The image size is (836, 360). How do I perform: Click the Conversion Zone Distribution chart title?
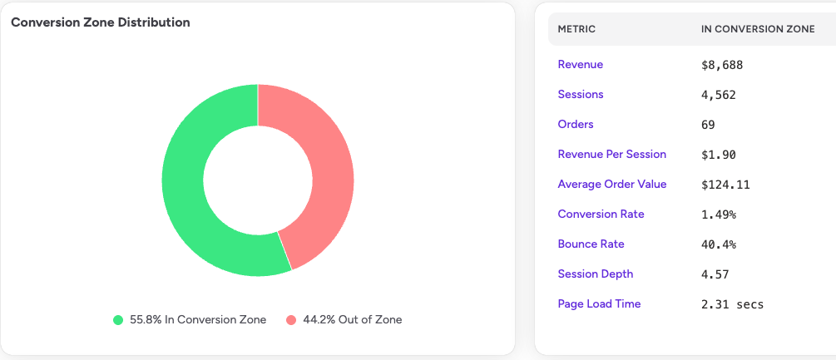point(101,22)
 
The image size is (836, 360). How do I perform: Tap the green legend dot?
point(118,320)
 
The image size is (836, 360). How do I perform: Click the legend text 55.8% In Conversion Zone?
point(198,320)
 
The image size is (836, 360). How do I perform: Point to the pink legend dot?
point(291,320)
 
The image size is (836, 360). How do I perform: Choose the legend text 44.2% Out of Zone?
point(352,320)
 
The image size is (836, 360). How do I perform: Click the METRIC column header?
point(576,30)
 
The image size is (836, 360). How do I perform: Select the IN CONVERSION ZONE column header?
point(758,30)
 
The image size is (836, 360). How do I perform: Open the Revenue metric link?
point(581,65)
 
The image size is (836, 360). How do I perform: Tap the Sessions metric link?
point(581,95)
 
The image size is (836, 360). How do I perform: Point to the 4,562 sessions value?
point(719,95)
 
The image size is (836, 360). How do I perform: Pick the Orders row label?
point(576,125)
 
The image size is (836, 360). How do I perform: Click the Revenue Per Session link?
point(611,155)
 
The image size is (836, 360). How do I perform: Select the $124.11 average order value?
point(725,185)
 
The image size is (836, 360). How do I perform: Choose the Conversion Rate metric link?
point(601,215)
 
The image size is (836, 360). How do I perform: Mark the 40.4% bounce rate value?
point(719,244)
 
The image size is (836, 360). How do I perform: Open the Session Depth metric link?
point(595,274)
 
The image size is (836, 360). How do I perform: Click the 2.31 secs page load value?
point(732,304)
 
